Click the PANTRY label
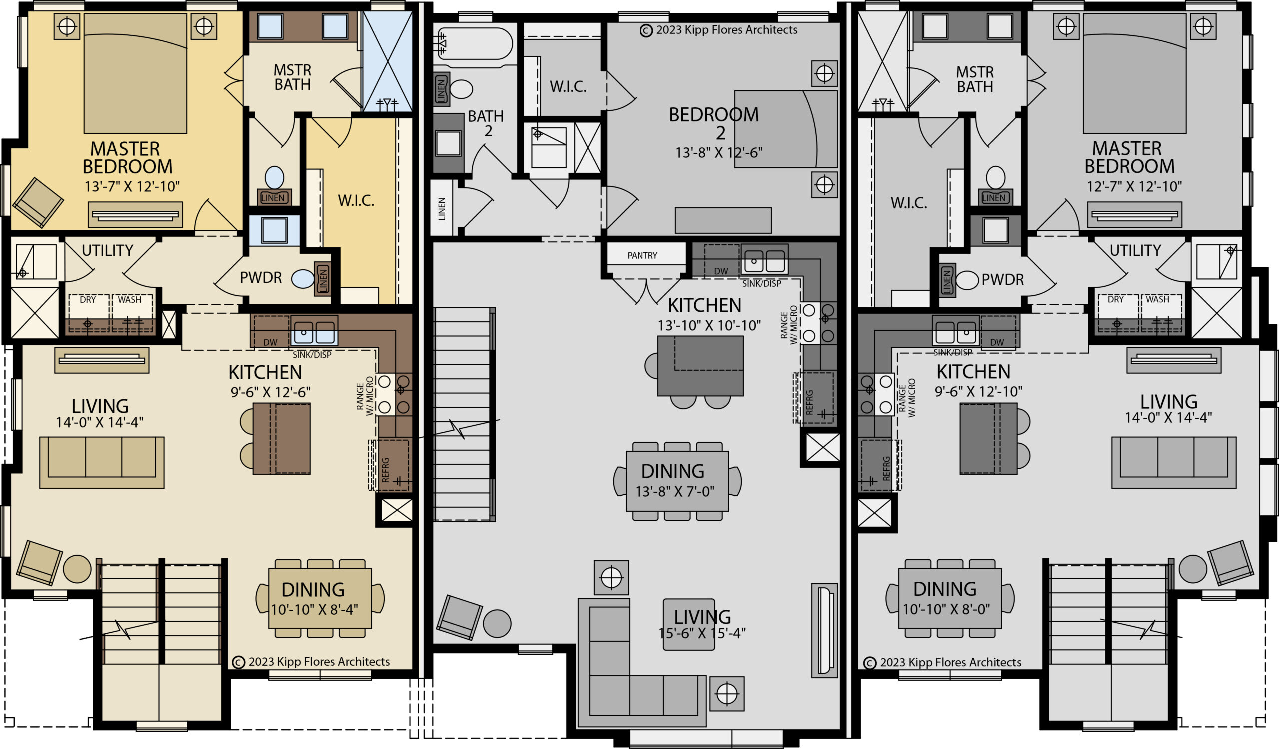pos(642,255)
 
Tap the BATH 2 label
pos(486,124)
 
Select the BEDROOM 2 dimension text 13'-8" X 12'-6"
pos(718,153)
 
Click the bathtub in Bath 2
pos(473,44)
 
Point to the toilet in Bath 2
pos(461,89)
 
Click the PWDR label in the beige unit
pos(260,278)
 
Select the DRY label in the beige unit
pos(88,299)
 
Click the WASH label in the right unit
pos(1157,299)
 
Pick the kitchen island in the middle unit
pos(700,365)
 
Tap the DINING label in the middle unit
pos(672,471)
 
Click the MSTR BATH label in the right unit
pos(974,79)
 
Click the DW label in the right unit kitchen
pos(997,343)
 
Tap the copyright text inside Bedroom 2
pos(718,30)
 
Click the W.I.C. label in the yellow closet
pos(356,201)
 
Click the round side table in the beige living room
pos(77,569)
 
